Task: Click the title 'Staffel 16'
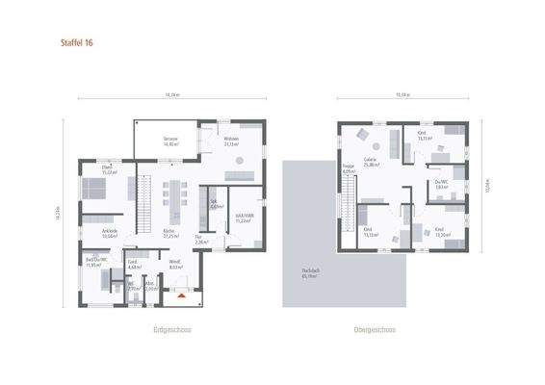[x=76, y=43]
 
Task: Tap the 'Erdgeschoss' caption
[x=172, y=329]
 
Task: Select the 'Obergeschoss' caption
[x=375, y=329]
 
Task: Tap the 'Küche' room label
[x=169, y=233]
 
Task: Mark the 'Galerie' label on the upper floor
[x=370, y=161]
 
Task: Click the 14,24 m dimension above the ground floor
[x=171, y=96]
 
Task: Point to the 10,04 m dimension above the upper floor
[x=402, y=96]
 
